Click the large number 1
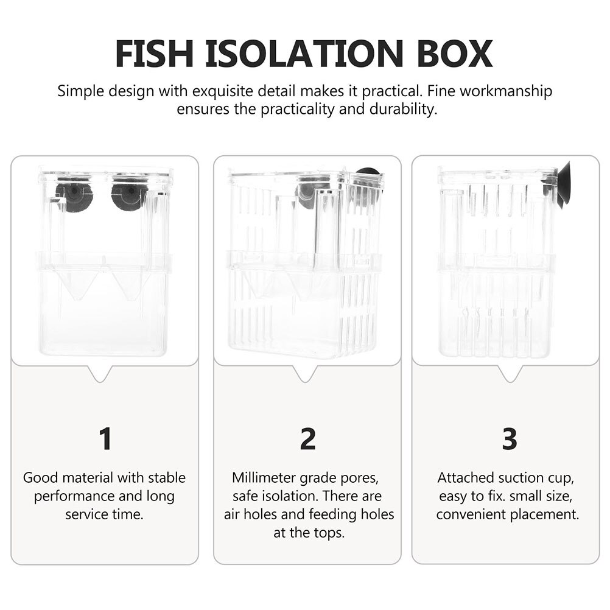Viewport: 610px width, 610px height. [106, 439]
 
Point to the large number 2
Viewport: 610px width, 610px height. [307, 439]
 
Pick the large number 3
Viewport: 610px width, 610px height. [509, 439]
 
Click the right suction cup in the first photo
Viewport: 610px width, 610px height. [129, 196]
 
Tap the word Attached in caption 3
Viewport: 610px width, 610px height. [466, 477]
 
